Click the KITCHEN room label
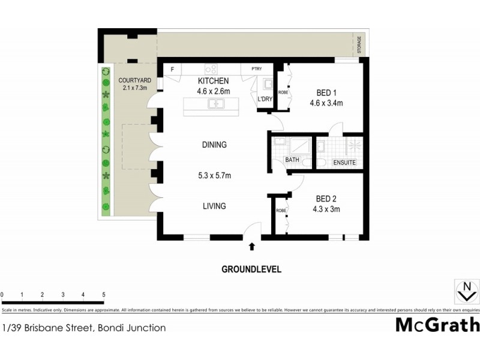point(214,81)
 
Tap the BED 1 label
point(326,92)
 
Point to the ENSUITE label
point(344,163)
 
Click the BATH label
point(292,160)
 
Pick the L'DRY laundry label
point(265,99)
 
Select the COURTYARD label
point(134,80)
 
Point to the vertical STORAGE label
point(359,45)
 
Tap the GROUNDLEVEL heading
point(251,269)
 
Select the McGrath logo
point(437,325)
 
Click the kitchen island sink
point(214,104)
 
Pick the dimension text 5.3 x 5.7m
point(214,176)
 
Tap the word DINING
point(214,145)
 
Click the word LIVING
point(214,206)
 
